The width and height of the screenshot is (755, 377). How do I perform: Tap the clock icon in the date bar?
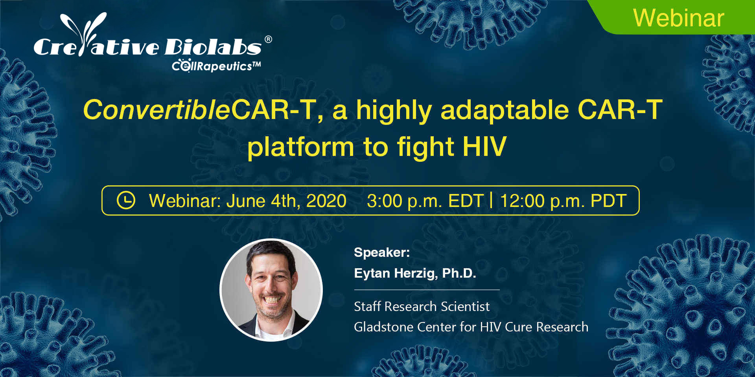pos(126,200)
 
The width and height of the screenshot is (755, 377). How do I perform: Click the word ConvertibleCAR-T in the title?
pos(200,110)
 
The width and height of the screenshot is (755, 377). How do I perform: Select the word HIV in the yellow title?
pos(484,146)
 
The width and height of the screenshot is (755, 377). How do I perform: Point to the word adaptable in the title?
pos(505,110)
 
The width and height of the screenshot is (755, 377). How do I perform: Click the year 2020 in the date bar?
pos(326,201)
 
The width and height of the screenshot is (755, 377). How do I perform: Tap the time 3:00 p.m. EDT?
pos(425,201)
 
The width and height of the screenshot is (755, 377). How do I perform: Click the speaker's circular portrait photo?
pos(271,290)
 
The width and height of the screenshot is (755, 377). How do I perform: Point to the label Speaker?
pos(382,252)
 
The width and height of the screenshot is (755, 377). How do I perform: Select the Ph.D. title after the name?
pos(459,273)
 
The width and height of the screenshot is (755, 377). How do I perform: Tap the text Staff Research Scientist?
pos(422,306)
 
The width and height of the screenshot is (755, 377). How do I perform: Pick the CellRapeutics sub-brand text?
pos(216,66)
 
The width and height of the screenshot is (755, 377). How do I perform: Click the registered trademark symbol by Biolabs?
pos(268,39)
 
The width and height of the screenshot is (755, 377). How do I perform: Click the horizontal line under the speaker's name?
pos(427,290)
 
